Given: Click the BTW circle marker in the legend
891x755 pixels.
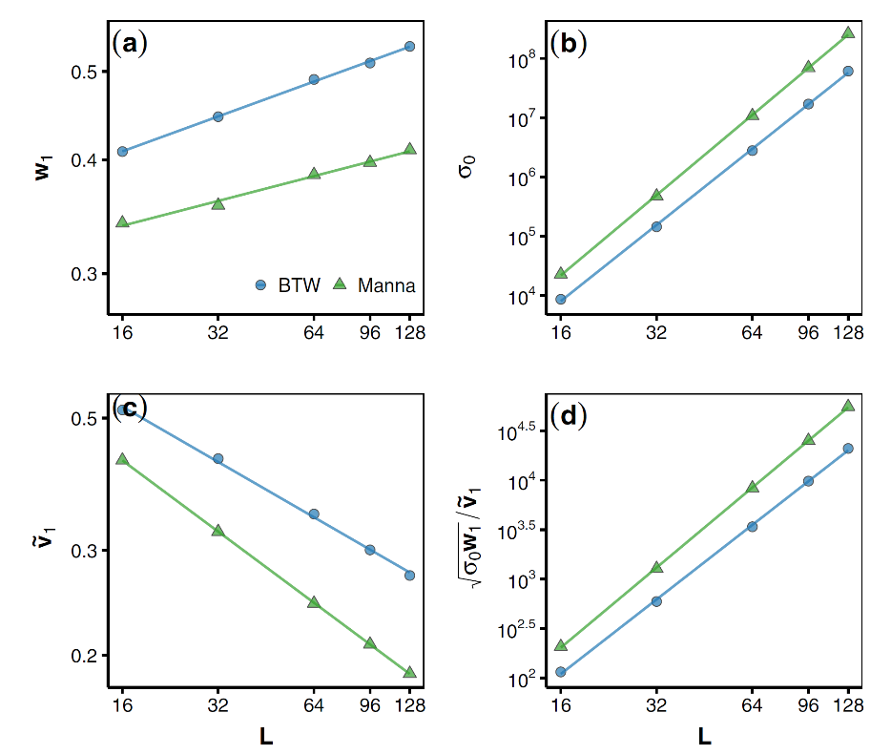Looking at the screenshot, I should tap(260, 284).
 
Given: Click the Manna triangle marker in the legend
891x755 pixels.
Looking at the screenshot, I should tap(339, 283).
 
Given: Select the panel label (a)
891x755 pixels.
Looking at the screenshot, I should tap(130, 43).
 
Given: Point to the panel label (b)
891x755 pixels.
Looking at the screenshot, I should tap(569, 43).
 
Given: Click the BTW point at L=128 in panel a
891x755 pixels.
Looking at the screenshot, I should tap(409, 46).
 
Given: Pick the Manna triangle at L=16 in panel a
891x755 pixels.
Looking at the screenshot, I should tap(122, 221).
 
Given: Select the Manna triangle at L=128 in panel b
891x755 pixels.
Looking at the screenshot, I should tap(848, 32).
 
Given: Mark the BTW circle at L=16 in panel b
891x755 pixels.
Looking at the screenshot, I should tap(561, 300).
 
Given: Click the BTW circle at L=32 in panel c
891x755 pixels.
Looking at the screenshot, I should tap(218, 459).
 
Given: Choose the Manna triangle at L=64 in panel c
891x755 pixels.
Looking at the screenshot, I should tap(314, 602).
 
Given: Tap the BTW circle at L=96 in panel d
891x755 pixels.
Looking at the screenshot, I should tap(808, 481).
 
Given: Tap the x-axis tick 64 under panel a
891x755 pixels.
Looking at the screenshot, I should tap(314, 333).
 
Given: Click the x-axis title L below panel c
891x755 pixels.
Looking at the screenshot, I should tap(265, 736).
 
